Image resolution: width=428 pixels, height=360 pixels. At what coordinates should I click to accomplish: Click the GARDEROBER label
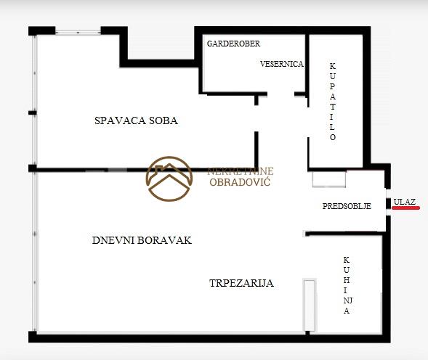tap(233, 44)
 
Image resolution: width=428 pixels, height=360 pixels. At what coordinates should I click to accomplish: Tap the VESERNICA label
tap(282, 64)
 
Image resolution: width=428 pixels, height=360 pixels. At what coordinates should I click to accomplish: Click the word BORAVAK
tap(165, 240)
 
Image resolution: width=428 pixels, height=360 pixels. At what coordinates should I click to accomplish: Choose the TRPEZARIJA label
tap(241, 283)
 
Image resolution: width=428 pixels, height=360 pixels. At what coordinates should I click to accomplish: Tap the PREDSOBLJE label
tap(347, 206)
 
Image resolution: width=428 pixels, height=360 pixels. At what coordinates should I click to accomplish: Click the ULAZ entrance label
tap(405, 202)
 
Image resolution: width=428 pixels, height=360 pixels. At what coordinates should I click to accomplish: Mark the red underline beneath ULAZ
tap(406, 208)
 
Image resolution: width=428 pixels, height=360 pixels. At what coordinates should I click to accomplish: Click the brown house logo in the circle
tap(169, 179)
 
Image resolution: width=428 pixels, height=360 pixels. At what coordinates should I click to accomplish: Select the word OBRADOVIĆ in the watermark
tap(240, 182)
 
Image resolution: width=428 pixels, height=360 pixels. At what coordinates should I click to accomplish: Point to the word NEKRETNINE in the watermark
tap(241, 171)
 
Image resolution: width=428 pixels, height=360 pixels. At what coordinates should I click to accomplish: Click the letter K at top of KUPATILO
tap(333, 66)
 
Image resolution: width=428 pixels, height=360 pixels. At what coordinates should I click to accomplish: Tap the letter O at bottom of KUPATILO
tap(333, 137)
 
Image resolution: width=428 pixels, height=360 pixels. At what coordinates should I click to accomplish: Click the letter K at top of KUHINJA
tap(347, 260)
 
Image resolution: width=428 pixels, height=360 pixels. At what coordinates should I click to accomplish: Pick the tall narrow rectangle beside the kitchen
tap(310, 306)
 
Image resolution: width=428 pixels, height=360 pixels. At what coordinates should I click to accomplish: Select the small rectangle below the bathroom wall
tap(329, 179)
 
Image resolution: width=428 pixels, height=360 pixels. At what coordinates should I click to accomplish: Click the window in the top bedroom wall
tap(78, 32)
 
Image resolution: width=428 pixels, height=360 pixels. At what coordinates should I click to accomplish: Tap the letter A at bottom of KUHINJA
tap(347, 311)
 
